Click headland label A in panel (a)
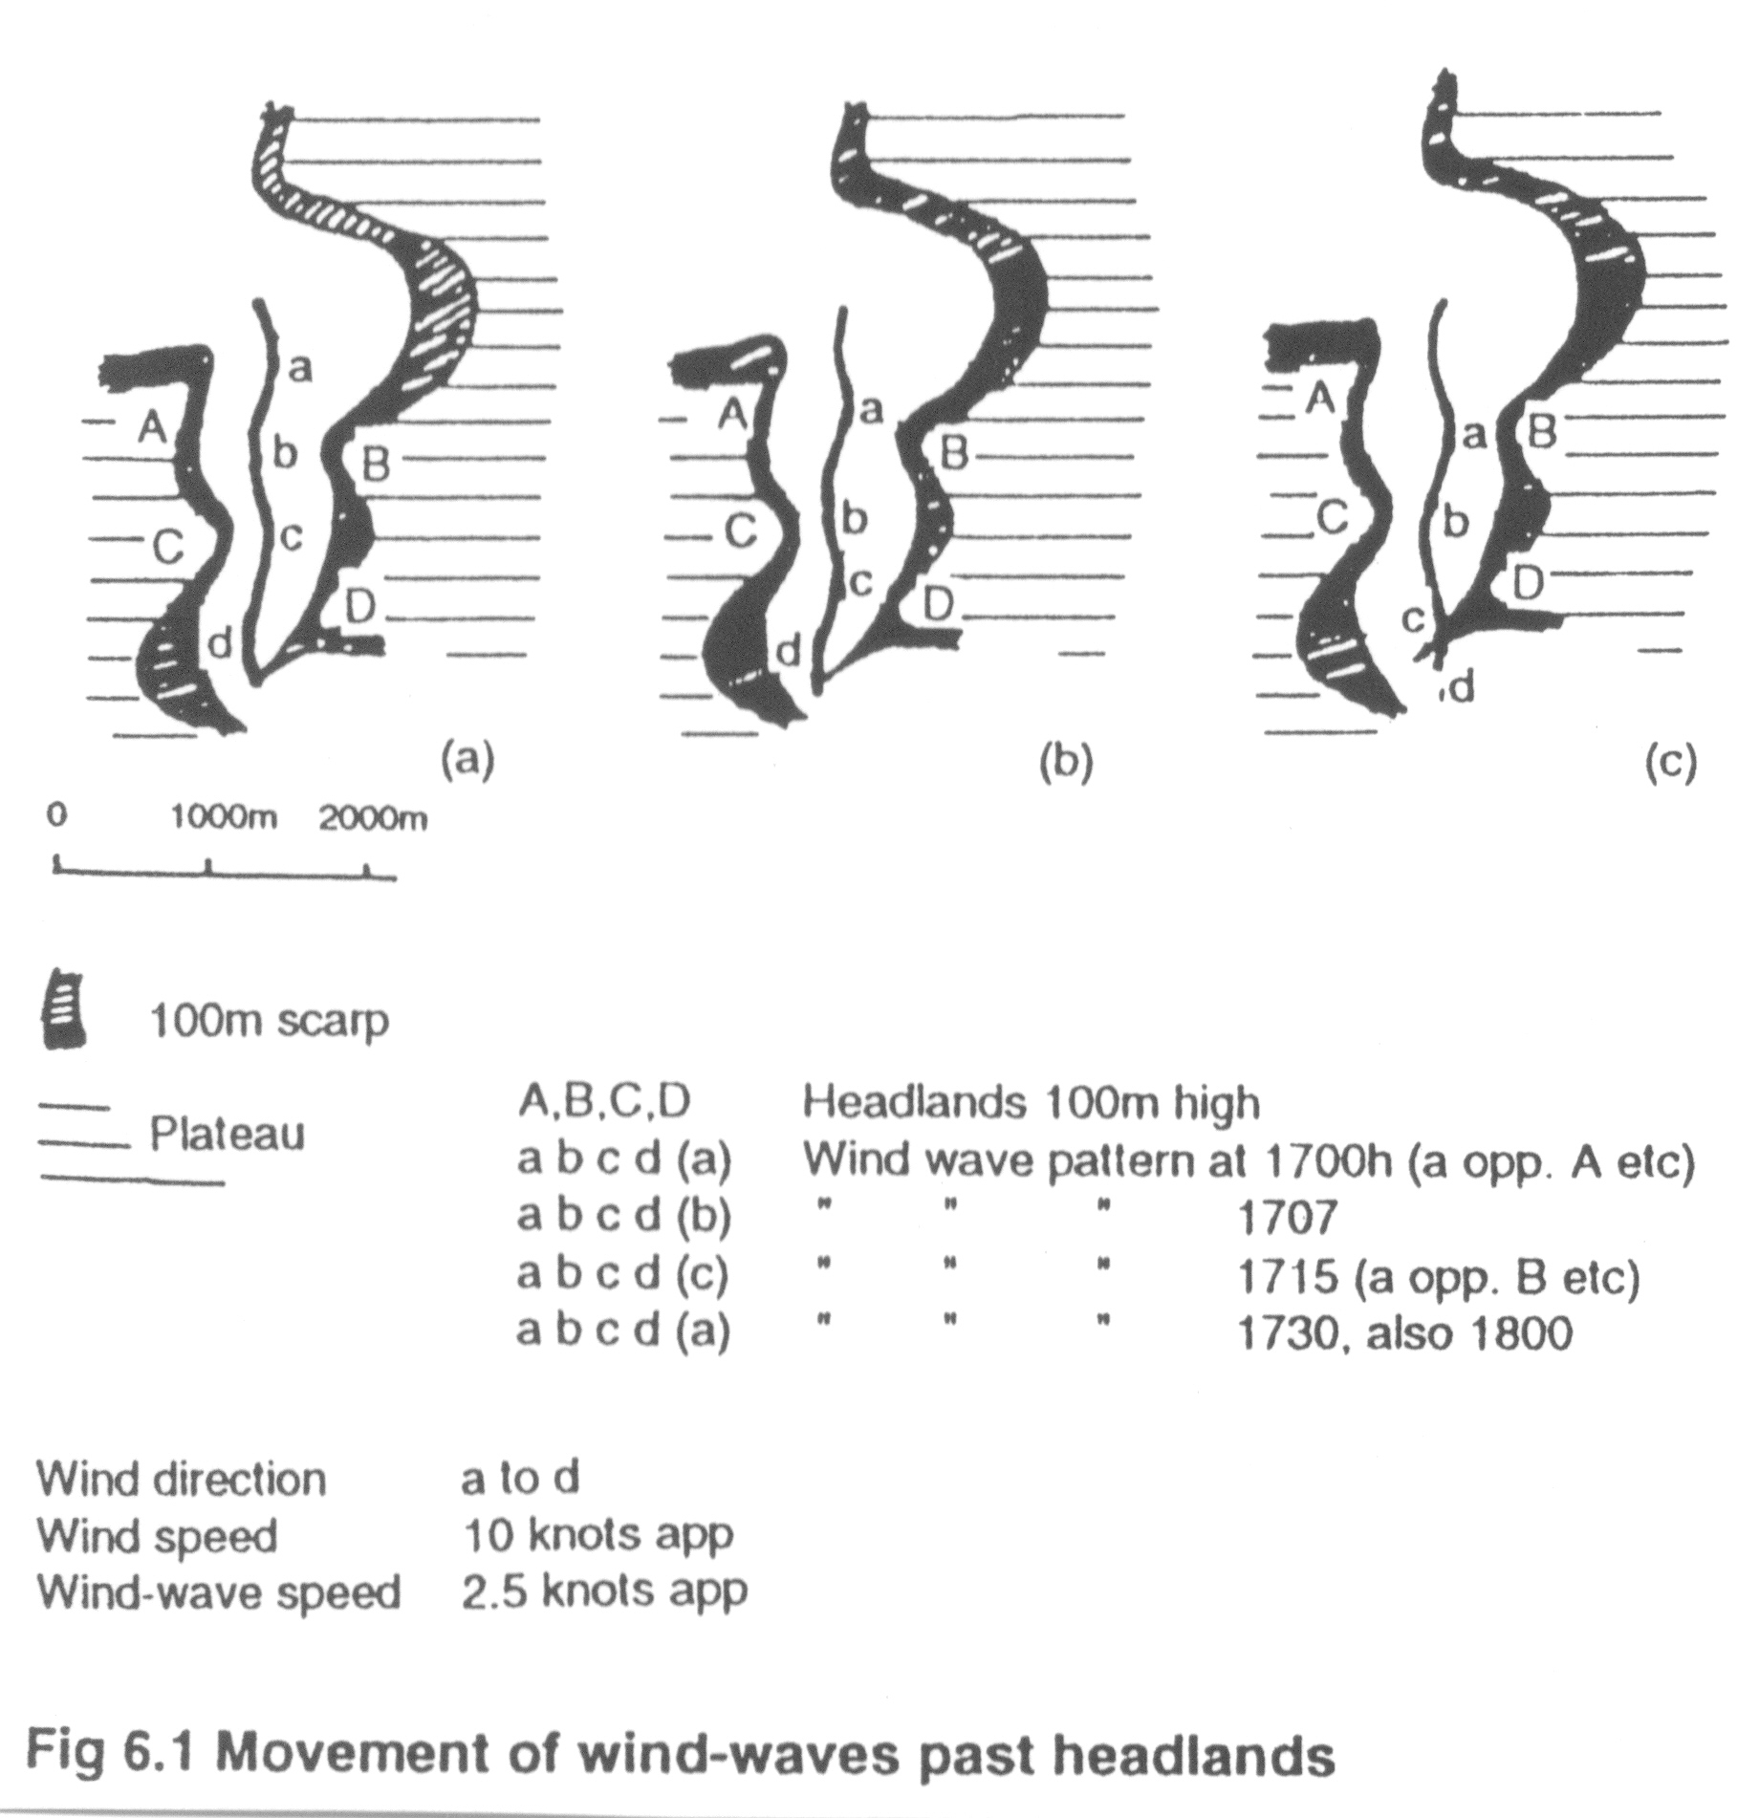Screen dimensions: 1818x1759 coord(151,428)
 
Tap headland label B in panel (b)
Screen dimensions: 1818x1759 coord(953,452)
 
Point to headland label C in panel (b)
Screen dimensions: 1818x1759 coord(740,531)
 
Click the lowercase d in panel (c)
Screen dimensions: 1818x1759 coord(1461,688)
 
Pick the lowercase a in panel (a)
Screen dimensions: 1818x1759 coord(300,368)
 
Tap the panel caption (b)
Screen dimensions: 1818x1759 coord(1066,762)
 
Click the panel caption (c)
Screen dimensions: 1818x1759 coord(1670,762)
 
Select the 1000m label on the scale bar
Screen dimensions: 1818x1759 coord(225,818)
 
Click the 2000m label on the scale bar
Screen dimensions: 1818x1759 coord(373,818)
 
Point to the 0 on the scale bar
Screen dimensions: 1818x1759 coord(58,815)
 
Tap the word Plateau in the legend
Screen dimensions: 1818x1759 coord(228,1134)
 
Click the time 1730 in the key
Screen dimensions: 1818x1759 coord(1287,1331)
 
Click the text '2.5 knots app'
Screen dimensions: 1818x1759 coord(603,1591)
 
